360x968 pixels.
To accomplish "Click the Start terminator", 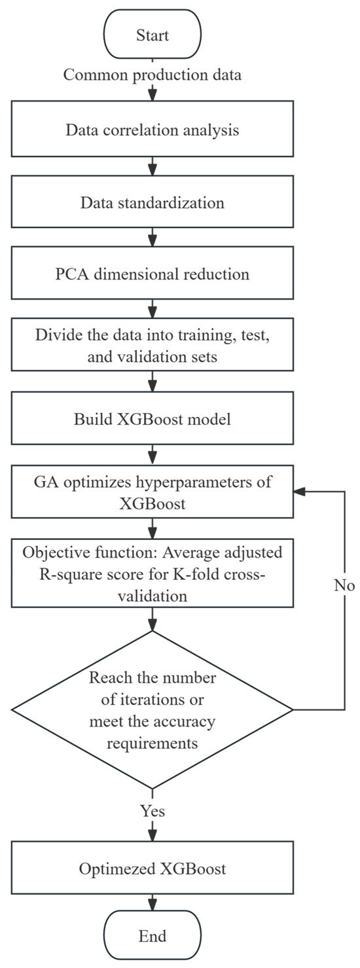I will (x=152, y=35).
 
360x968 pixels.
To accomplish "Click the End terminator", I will (x=152, y=935).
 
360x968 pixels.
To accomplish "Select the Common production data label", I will (x=152, y=75).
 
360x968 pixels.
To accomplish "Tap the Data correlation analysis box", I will (x=152, y=130).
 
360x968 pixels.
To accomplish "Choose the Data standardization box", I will (x=152, y=202).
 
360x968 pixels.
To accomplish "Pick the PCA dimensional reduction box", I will (x=152, y=274).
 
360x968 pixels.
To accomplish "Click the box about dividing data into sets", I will (x=152, y=347).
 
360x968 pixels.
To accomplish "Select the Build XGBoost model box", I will (x=152, y=419).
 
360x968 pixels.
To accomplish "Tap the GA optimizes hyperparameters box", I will (x=152, y=492).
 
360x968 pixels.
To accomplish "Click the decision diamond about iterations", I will (x=152, y=709).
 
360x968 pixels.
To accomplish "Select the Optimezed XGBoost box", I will (x=152, y=869).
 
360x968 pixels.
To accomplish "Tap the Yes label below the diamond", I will (x=152, y=810).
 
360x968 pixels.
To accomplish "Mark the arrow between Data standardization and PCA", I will (x=152, y=237).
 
